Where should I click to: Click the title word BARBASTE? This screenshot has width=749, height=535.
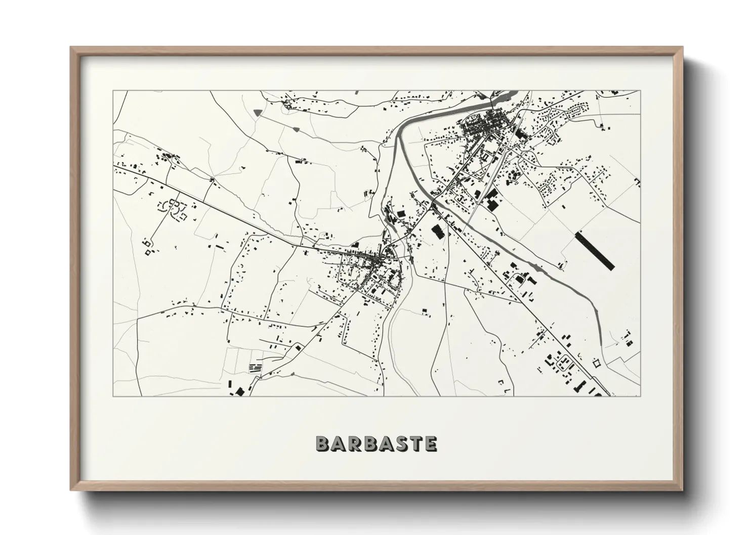click(x=376, y=443)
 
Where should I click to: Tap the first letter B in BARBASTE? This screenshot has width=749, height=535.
click(x=323, y=443)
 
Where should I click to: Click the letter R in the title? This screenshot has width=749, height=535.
click(x=354, y=443)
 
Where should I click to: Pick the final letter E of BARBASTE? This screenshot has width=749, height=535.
click(x=430, y=443)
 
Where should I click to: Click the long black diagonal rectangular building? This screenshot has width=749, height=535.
click(x=595, y=250)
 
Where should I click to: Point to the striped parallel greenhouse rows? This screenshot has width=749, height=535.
click(x=256, y=368)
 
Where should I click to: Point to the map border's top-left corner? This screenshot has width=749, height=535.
click(x=113, y=91)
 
